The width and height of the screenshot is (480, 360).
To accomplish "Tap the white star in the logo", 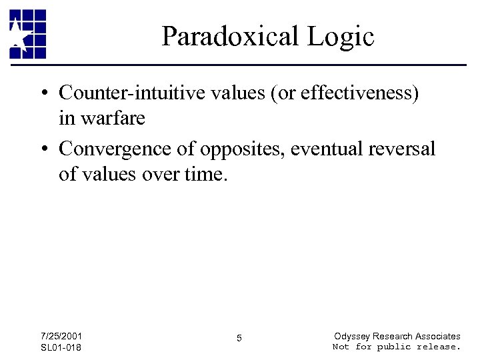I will coord(17,35).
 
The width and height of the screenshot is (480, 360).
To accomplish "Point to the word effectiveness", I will coord(356,93).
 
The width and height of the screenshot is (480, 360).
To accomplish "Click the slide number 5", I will coord(239,339).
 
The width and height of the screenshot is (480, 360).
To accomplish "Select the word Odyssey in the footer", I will coord(351,336).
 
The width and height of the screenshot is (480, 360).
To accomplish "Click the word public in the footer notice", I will coord(395,347).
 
